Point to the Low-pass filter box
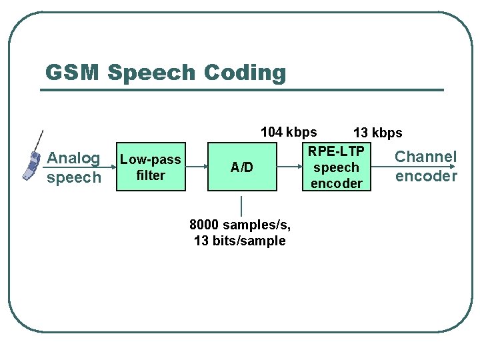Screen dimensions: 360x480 pos(151,167)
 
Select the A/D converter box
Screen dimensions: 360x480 pos(241,167)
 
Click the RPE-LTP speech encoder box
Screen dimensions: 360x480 pos(337,167)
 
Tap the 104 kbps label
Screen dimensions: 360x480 pos(289,132)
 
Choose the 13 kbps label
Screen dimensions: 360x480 pos(377,133)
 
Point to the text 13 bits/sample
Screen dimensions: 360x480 pos(239,241)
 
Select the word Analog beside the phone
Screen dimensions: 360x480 pos(73,159)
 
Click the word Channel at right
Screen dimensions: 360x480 pos(426,157)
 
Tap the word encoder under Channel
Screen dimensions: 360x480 pos(426,176)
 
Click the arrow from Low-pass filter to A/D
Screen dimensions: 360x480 pos(197,167)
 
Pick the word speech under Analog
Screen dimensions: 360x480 pos(73,177)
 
